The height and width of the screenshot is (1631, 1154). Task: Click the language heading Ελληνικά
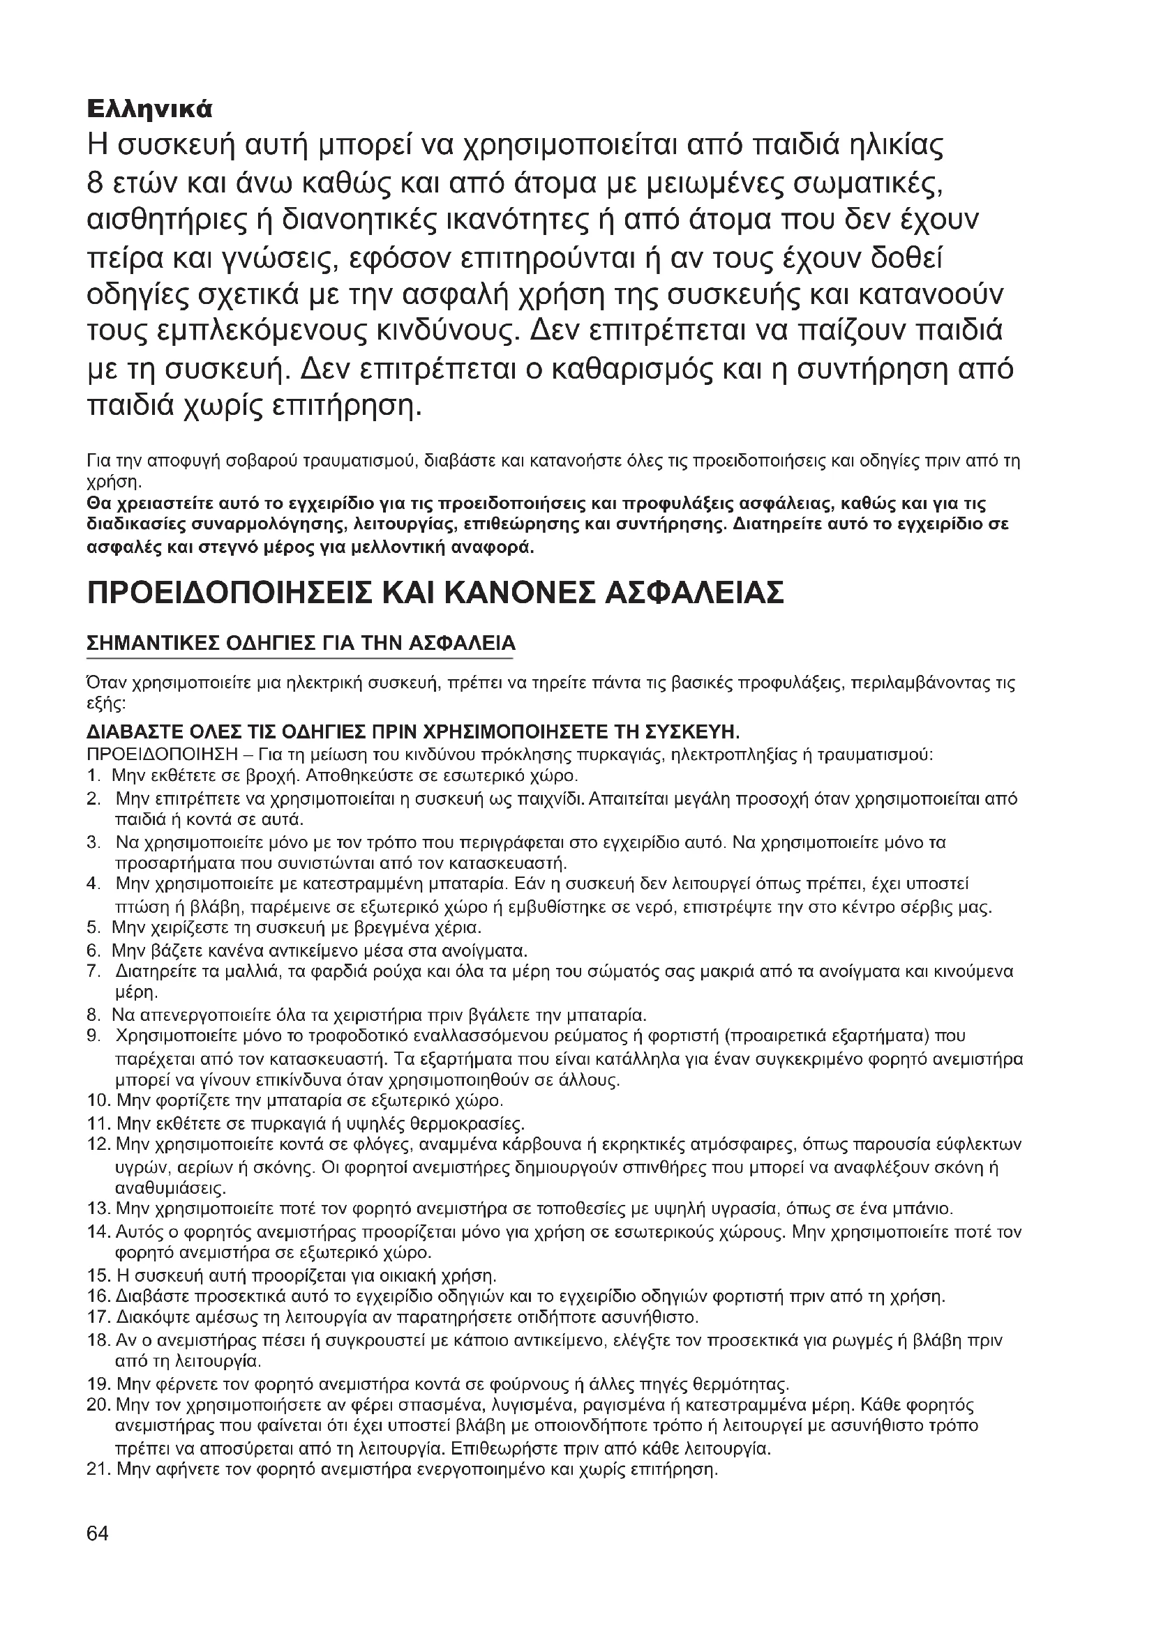click(x=149, y=109)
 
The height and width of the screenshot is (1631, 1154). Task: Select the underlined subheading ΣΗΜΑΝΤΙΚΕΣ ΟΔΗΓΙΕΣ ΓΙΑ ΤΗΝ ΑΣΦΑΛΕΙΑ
click(x=301, y=644)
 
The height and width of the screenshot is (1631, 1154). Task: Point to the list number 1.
click(x=91, y=774)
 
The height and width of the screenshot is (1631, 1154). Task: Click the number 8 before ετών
click(x=96, y=183)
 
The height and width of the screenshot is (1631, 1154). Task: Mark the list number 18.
click(x=97, y=1340)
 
